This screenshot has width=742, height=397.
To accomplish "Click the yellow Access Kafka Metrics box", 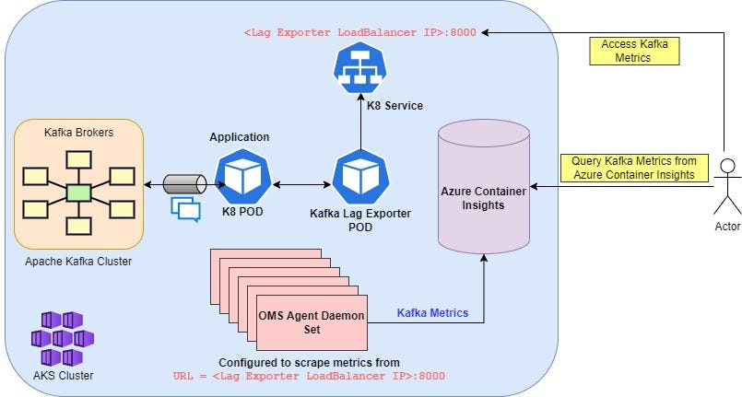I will [x=634, y=51].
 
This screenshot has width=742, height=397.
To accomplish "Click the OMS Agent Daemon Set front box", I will [x=312, y=321].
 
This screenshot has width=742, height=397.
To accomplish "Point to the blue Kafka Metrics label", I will [x=432, y=313].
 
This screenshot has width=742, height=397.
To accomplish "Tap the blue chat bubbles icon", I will [x=185, y=209].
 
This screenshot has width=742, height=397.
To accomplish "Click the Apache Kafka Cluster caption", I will [x=78, y=262].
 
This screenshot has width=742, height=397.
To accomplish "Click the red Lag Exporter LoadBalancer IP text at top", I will [x=359, y=32].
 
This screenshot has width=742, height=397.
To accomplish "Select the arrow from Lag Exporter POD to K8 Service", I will [x=360, y=125].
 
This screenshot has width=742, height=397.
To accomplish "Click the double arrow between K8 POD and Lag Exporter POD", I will [x=300, y=186].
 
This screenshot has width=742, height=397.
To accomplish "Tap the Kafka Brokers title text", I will [x=79, y=133].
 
